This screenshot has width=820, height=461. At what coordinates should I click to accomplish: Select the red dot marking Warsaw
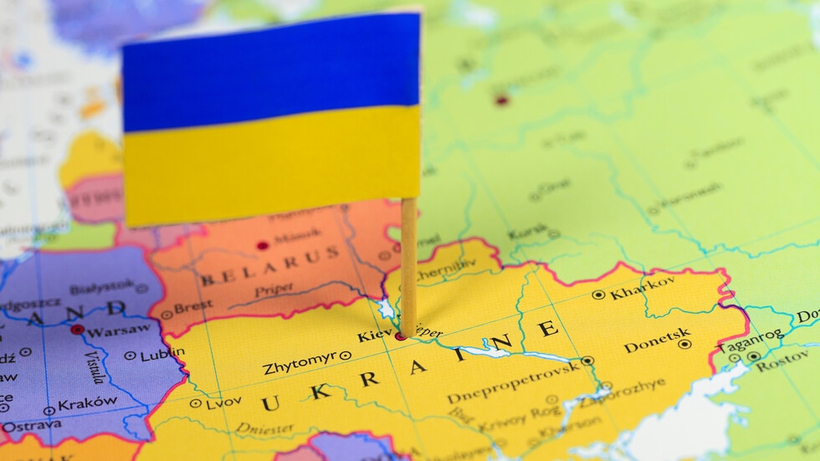point(77,330)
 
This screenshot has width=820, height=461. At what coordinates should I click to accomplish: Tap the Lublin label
point(161,355)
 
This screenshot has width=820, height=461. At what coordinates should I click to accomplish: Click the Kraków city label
point(87,403)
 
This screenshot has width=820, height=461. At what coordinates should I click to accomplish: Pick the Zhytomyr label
point(299,364)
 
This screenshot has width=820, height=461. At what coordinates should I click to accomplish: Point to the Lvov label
point(223,402)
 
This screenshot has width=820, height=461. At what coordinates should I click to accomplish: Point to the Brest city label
point(192,307)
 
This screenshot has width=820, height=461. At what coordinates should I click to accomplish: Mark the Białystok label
point(101,288)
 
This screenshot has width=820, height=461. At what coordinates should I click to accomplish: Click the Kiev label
point(374,336)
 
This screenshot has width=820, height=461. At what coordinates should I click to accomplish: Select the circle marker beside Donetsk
point(684,344)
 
